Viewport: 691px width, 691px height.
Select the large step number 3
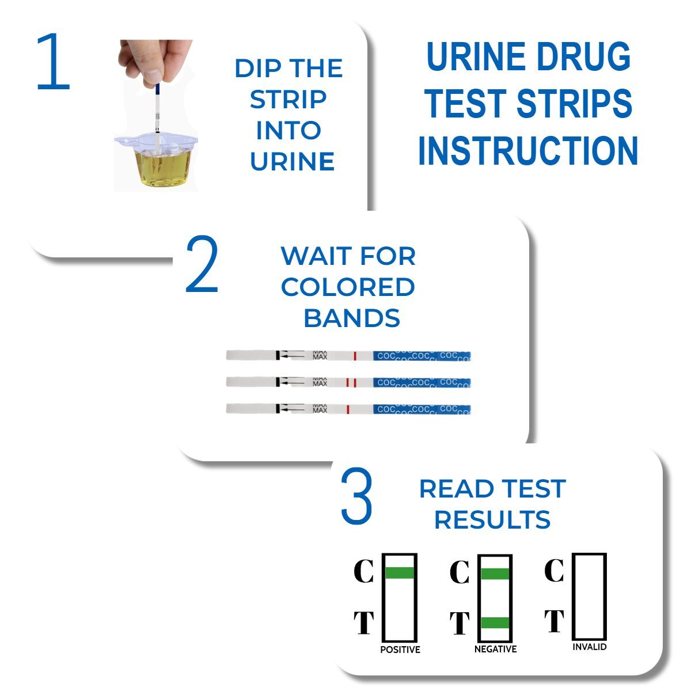[356, 496]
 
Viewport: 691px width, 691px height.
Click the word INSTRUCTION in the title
[527, 151]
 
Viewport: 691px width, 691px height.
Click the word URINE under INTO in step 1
[292, 162]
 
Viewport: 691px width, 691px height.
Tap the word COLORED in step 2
[348, 287]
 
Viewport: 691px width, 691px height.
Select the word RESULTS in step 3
[492, 519]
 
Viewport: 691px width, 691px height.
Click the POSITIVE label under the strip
[400, 650]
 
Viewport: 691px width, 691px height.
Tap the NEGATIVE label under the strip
[495, 649]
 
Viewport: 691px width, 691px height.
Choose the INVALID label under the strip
[590, 647]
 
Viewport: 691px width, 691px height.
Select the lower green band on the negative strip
[495, 622]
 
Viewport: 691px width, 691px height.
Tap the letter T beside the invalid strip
[555, 621]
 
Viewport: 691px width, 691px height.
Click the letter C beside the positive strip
[363, 572]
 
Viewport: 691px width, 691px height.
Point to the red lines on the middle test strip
[351, 382]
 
